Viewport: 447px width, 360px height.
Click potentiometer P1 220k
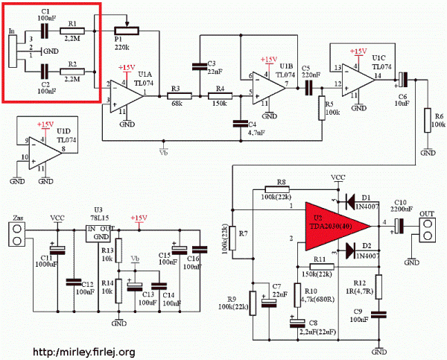point(125,31)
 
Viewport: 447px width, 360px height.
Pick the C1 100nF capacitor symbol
point(45,31)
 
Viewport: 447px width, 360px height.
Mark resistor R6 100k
point(428,120)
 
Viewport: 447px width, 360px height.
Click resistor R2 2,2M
point(74,72)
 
